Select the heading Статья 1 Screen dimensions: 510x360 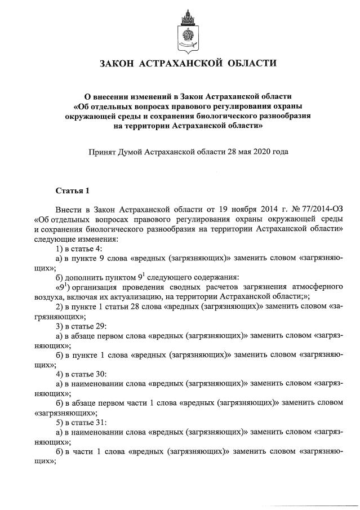pyautogui.click(x=72, y=188)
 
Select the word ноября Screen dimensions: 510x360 pyautogui.click(x=233, y=209)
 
